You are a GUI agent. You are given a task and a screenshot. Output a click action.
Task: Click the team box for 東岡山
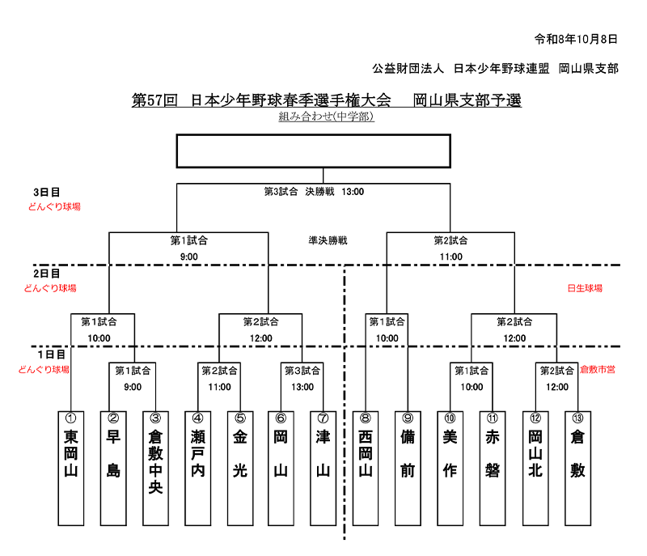71,468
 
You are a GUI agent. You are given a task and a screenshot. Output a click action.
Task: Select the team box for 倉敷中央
155,468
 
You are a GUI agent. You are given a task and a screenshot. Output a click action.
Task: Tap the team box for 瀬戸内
197,468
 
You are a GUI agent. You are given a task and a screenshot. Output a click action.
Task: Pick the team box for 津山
323,468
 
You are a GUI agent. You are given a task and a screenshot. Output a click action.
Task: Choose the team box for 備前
408,468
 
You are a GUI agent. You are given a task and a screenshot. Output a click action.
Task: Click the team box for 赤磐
493,468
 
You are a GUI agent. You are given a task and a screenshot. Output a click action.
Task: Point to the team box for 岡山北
535,468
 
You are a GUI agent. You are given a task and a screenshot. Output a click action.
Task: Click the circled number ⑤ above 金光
240,418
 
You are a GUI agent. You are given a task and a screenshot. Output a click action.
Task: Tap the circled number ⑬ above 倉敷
577,418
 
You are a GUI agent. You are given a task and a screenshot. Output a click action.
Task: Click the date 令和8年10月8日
576,39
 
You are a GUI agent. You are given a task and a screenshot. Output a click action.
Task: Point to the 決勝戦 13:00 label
335,192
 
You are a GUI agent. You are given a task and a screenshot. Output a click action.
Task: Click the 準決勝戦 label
328,240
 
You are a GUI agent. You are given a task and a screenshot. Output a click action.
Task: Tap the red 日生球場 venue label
585,288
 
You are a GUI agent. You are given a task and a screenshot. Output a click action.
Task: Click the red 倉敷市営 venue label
598,369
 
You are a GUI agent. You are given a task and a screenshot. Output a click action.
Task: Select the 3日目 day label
47,193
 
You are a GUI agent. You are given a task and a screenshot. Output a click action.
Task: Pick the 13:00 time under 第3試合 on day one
302,387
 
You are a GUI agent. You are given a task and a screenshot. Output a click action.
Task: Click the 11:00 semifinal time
451,257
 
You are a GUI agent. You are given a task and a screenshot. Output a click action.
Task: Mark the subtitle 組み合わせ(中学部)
327,117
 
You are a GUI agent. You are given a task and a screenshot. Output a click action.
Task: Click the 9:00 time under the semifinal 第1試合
189,257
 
